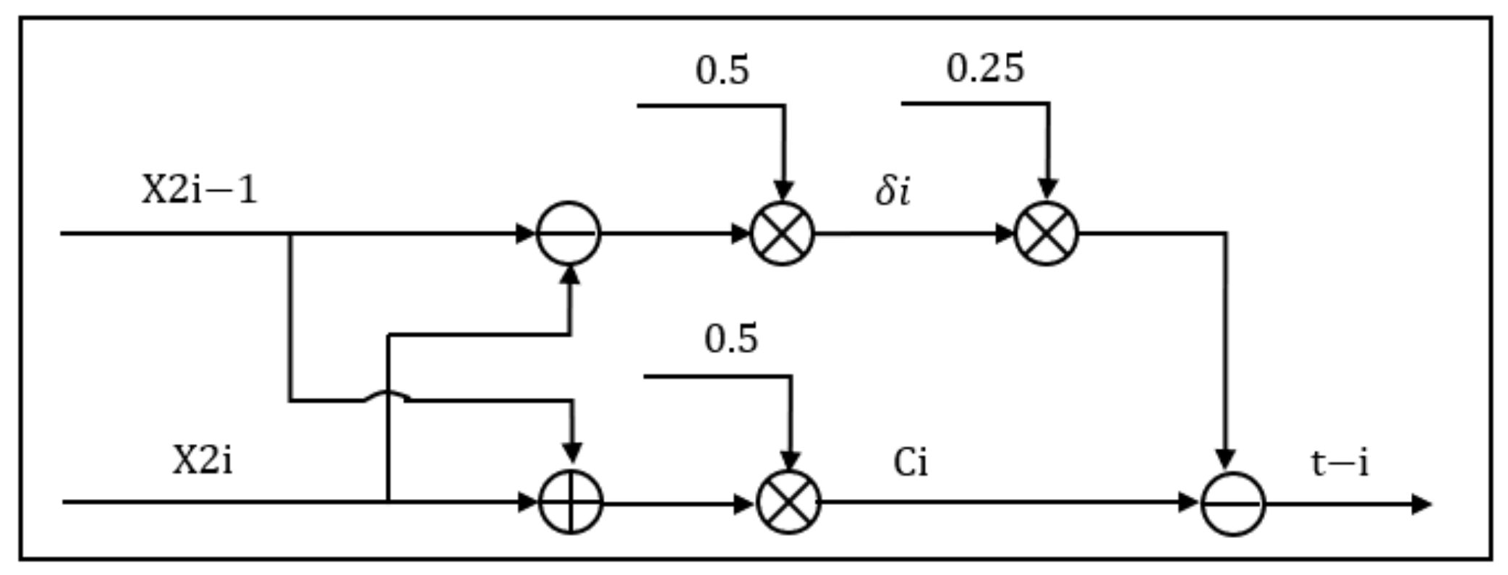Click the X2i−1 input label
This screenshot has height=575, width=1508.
(199, 192)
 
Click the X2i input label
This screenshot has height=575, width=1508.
(203, 461)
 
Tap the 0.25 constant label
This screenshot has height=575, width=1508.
(985, 69)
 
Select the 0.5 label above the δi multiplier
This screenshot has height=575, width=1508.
(723, 71)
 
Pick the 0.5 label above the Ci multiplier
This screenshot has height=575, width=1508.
(731, 339)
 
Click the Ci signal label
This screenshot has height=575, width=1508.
(910, 462)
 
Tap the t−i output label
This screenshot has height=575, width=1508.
(1339, 463)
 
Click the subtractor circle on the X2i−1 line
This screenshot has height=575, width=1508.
(568, 234)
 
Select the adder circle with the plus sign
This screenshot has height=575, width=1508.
(571, 502)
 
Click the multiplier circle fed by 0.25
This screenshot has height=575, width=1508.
(1046, 234)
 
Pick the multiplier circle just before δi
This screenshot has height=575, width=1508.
(783, 234)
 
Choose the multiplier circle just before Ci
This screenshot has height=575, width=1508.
(788, 502)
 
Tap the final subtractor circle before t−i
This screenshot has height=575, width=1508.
(1233, 503)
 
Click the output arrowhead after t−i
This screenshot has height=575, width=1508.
(1422, 504)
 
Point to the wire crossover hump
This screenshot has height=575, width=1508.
(388, 396)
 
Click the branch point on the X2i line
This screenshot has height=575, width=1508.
(388, 501)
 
